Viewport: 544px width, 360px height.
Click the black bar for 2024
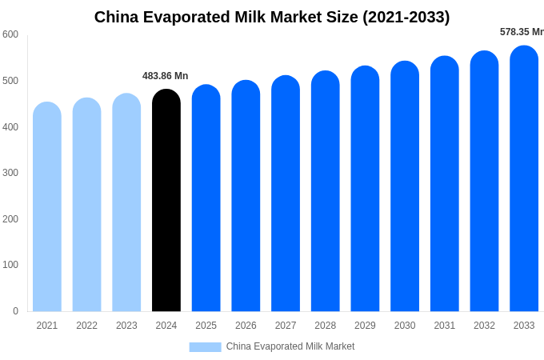pos(166,200)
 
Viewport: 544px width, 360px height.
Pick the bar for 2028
pos(326,191)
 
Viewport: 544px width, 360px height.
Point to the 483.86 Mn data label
pos(166,76)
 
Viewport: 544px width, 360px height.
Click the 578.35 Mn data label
pos(522,32)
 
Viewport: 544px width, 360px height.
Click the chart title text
pos(272,17)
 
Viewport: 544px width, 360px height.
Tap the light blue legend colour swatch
pos(205,346)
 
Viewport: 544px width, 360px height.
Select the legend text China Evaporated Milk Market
pos(290,346)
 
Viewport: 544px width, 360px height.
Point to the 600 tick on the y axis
pos(10,34)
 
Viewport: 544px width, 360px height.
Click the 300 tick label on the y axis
pos(10,173)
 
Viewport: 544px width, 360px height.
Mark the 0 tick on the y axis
pos(15,311)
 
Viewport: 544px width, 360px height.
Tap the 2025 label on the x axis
pos(206,326)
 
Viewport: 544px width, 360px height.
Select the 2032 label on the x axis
pos(484,326)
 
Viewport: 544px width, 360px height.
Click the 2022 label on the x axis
pos(87,326)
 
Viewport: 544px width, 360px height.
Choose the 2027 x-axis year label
pos(286,326)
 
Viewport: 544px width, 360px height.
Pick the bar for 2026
pos(246,196)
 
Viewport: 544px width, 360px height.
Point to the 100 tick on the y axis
pos(10,265)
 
